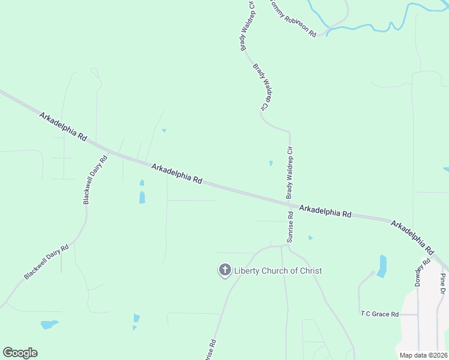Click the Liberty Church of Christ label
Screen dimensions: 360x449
[278, 271]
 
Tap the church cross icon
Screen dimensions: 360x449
[225, 271]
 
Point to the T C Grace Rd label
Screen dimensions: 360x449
[379, 314]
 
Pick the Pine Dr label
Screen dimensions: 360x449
[442, 286]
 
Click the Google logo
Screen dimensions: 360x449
[20, 353]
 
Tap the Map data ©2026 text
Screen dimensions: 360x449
[423, 355]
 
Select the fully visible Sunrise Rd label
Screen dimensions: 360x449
[290, 227]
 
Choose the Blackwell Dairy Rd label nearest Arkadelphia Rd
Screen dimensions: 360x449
[95, 180]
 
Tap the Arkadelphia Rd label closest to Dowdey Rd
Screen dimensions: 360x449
[412, 237]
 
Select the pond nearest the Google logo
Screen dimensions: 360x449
[49, 325]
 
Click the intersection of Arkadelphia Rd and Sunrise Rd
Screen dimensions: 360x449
[289, 205]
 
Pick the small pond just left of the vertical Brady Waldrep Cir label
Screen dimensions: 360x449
[271, 163]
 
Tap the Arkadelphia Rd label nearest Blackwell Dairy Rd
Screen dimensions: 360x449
[63, 125]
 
